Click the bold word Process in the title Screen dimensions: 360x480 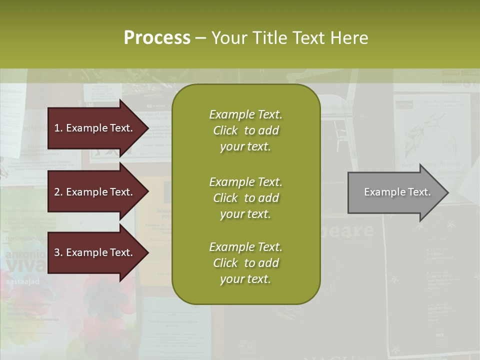pos(157,38)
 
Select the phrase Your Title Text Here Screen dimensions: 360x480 pos(289,38)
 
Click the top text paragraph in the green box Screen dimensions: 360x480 pos(245,130)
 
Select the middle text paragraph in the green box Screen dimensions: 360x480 pos(245,198)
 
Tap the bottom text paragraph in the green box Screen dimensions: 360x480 pos(245,263)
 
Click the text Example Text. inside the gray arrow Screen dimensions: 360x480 pos(397,192)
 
